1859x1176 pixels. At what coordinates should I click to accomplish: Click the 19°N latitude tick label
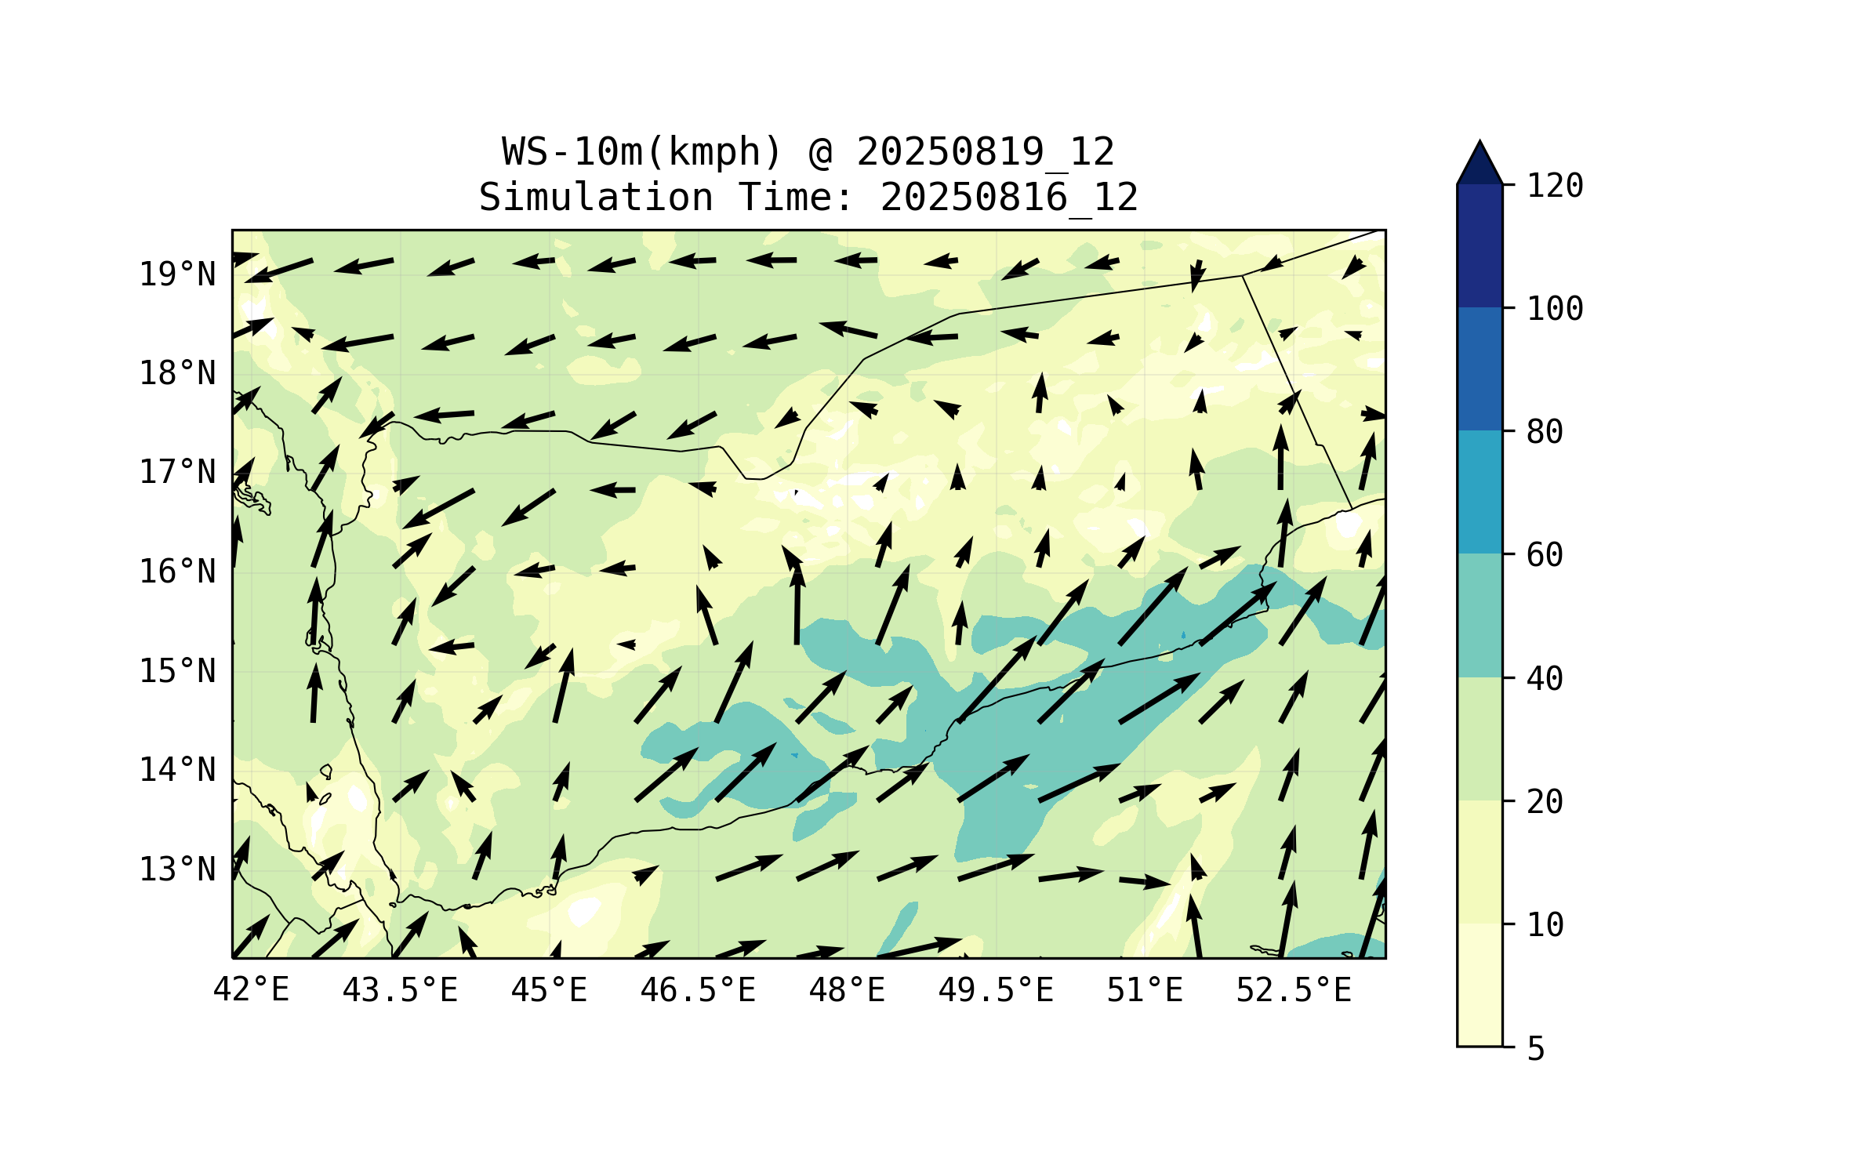tap(177, 274)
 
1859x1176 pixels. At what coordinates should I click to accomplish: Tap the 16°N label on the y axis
tap(177, 572)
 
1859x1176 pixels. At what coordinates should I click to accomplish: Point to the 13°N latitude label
tap(177, 869)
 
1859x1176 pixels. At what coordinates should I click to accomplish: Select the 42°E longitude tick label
tap(251, 990)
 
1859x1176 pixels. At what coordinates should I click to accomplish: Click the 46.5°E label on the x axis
tap(698, 990)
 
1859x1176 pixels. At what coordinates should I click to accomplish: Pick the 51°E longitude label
tap(1145, 990)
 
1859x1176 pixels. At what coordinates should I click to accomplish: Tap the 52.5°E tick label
tap(1294, 990)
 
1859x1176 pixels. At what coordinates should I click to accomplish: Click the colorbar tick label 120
tap(1555, 186)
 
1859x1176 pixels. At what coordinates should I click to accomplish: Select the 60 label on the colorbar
tap(1545, 555)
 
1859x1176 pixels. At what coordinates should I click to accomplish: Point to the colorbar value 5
tap(1536, 1048)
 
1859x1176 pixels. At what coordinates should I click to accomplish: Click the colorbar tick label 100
tap(1555, 309)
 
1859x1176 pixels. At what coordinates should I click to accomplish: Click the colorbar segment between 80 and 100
tap(1480, 368)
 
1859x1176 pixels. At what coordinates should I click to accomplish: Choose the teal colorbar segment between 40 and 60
tap(1480, 615)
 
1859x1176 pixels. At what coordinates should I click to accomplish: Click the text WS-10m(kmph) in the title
tap(642, 152)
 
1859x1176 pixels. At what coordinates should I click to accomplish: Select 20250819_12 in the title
tap(986, 152)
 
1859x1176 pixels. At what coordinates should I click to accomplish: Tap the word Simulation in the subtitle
tap(596, 198)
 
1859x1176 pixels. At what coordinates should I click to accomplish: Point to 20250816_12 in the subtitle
tap(1009, 198)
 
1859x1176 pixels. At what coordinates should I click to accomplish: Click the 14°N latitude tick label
tap(177, 771)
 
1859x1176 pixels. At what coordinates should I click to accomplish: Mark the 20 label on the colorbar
tap(1545, 801)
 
